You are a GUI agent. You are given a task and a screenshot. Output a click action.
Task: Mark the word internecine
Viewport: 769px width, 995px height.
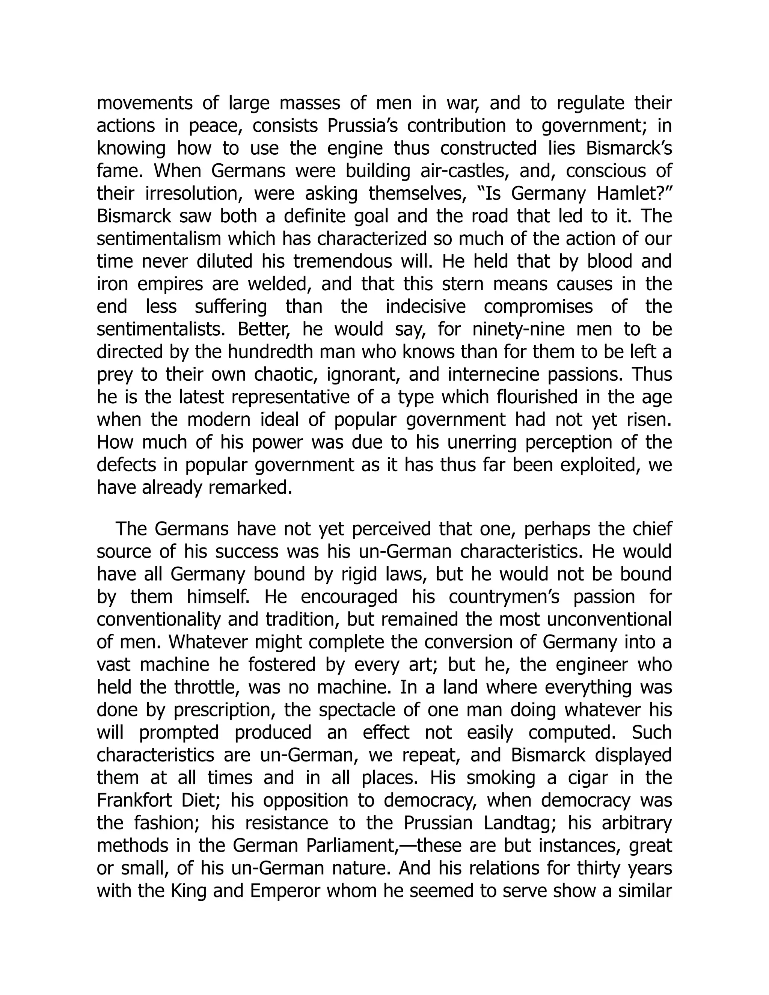493,374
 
